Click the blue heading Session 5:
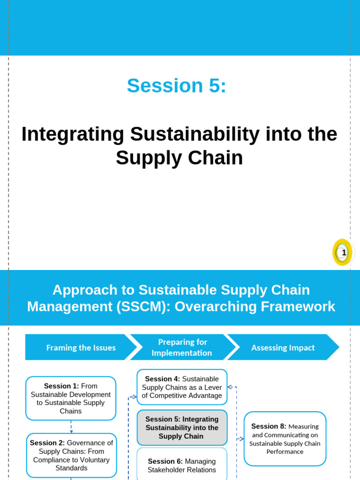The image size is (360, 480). (176, 86)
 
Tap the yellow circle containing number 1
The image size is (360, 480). (343, 252)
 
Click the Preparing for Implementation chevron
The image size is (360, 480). (182, 347)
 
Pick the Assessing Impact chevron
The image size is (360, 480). (283, 347)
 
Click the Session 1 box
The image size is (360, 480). (71, 398)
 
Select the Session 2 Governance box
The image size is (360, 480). (71, 455)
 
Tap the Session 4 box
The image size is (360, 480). (182, 387)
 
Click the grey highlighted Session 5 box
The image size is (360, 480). (182, 427)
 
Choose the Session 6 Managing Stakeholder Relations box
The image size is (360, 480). (182, 465)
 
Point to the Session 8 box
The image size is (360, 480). (285, 438)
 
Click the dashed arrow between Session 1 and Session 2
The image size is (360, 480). (71, 427)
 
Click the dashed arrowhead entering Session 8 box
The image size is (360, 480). (241, 439)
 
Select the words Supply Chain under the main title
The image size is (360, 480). (179, 158)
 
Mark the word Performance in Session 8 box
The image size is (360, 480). (285, 451)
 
